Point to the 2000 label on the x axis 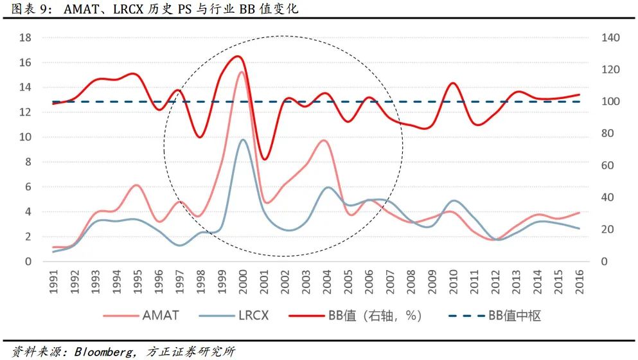[242, 282]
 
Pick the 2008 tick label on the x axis [411, 282]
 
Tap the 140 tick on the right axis [610, 38]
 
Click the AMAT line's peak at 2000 [242, 72]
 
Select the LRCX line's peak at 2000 [242, 139]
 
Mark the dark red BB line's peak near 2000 [238, 57]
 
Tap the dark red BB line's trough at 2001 [264, 159]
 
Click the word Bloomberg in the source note [105, 352]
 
